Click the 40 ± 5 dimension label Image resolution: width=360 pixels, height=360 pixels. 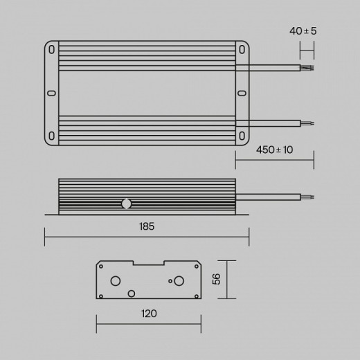[x=303, y=31]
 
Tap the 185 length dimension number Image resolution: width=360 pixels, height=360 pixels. [x=146, y=226]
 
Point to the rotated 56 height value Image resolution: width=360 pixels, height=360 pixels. [x=215, y=279]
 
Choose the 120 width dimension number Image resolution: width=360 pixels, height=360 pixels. [x=149, y=314]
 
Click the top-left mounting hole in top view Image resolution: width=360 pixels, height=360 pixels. [x=52, y=50]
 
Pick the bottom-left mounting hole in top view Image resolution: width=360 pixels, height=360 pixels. [x=52, y=136]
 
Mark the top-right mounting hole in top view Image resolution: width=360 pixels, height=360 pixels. [x=242, y=50]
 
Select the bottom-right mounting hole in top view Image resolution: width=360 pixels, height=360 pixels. [x=242, y=136]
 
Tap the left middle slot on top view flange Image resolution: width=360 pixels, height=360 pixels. [x=51, y=93]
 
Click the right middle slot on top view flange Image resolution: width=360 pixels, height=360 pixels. [x=242, y=93]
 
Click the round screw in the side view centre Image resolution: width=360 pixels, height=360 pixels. [x=126, y=204]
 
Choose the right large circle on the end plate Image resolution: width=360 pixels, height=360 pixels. [x=179, y=280]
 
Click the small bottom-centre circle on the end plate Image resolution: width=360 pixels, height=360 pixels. [x=132, y=294]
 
